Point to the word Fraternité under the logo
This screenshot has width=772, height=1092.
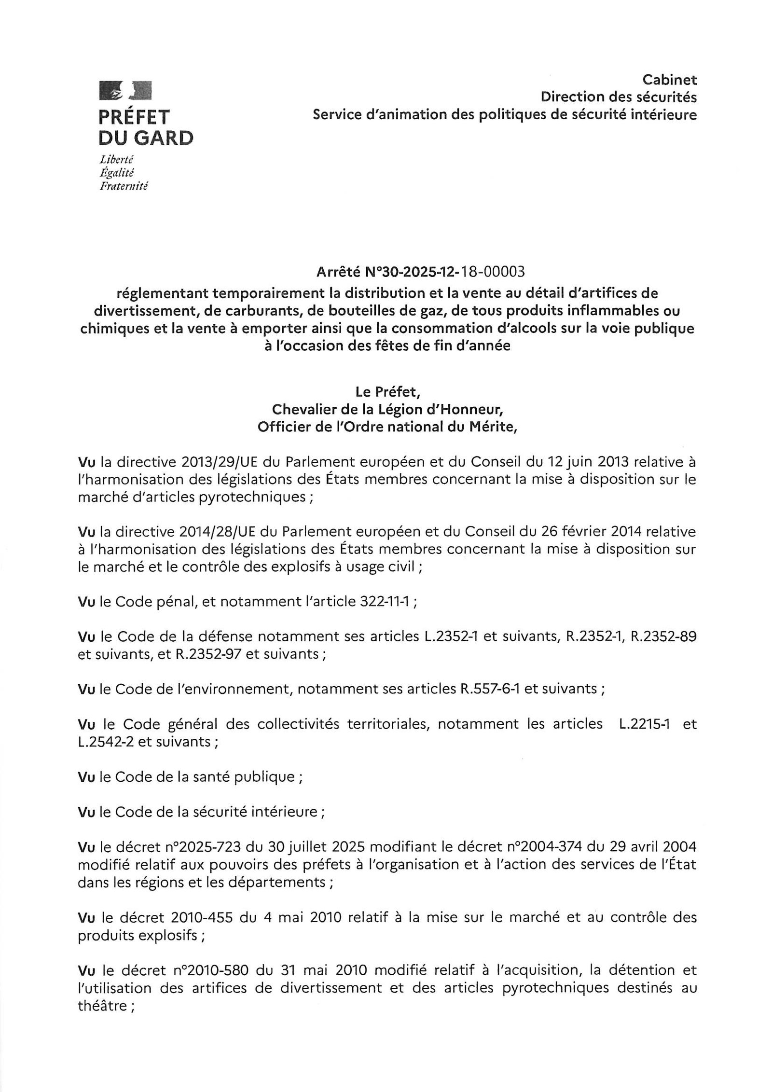point(123,186)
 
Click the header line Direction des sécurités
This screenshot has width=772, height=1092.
point(618,97)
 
